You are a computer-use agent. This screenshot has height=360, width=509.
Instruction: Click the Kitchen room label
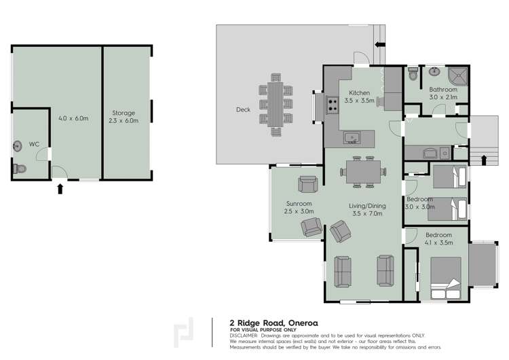[x=359, y=92]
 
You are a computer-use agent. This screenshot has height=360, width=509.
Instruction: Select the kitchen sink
[x=352, y=139]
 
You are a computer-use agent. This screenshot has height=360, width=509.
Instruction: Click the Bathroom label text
[x=443, y=89]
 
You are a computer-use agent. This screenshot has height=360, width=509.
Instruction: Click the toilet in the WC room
[x=20, y=168]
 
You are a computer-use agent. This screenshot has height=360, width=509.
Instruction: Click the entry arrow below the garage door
[x=60, y=188]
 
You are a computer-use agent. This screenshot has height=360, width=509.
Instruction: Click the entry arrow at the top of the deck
[x=380, y=45]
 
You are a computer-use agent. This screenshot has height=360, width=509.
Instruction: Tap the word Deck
[x=243, y=109]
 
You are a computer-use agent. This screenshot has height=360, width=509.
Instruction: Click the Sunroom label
[x=298, y=203]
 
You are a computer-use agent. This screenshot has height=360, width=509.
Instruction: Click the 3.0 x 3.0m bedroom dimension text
[x=419, y=206]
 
